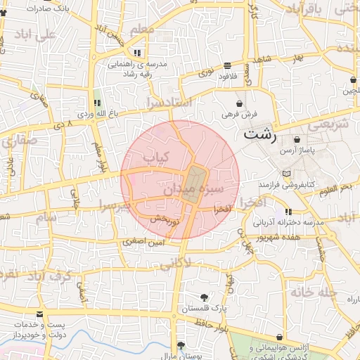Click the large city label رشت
[261, 134]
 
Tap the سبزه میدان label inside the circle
[193, 190]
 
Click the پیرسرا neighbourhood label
[115, 207]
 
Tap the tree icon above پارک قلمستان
[204, 297]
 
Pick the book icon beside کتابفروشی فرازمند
[285, 174]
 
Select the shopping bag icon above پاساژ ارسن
[297, 139]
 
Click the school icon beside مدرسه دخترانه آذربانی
[288, 212]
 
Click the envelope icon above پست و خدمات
[39, 314]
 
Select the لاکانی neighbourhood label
[175, 264]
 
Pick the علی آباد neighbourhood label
[39, 34]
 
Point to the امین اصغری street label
[143, 241]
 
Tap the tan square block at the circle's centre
[196, 184]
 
